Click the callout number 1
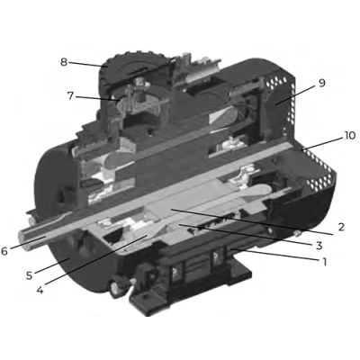tap(324, 262)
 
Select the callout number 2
tap(340, 227)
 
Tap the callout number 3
tap(319, 246)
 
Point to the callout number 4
tap(40, 290)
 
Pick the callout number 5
tap(29, 275)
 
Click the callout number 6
tap(4, 251)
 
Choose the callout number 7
tap(70, 96)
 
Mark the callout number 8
tap(64, 62)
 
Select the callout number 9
tap(321, 83)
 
